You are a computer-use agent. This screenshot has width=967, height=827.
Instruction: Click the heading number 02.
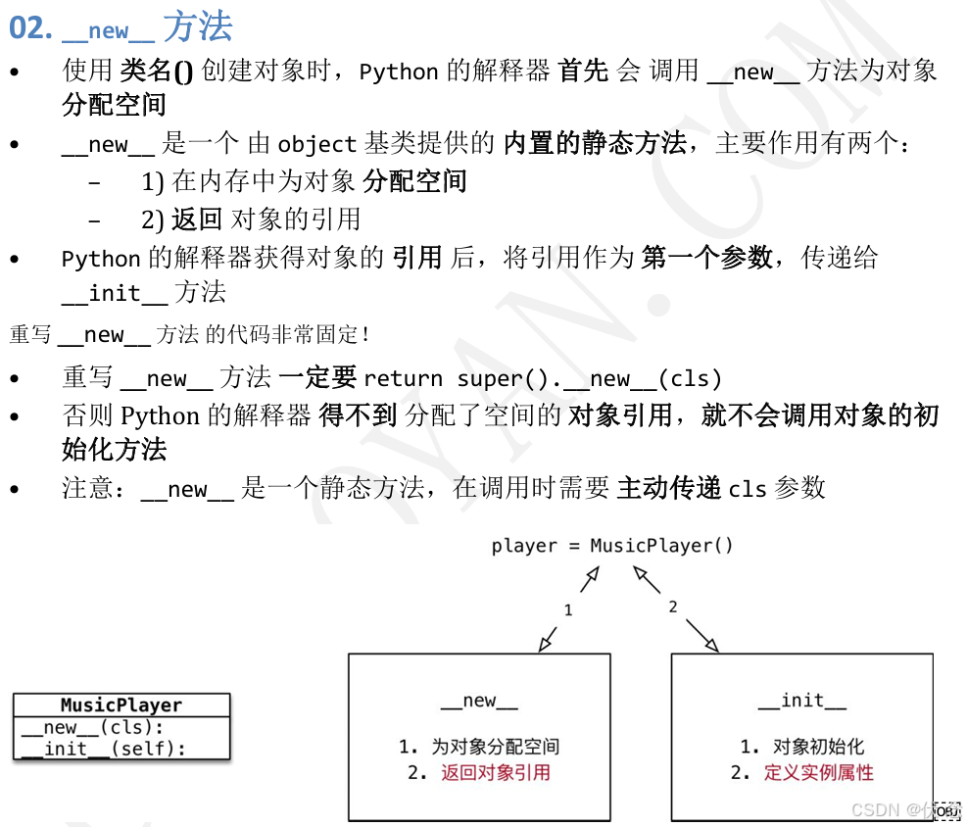pyautogui.click(x=29, y=28)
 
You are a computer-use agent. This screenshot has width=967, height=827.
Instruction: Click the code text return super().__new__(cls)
pyautogui.click(x=542, y=379)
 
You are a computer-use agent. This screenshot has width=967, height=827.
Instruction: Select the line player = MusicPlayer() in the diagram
pyautogui.click(x=612, y=546)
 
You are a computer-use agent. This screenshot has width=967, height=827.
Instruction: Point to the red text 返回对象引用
pyautogui.click(x=495, y=772)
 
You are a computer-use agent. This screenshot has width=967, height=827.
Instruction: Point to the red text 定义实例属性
pyautogui.click(x=818, y=772)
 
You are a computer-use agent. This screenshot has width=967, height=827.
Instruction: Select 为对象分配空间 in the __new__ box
pyautogui.click(x=495, y=747)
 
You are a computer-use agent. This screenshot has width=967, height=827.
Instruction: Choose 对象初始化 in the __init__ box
pyautogui.click(x=818, y=747)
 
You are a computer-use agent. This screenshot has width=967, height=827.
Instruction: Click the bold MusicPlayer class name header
pyautogui.click(x=121, y=705)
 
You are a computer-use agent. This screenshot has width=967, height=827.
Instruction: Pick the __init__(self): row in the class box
pyautogui.click(x=103, y=750)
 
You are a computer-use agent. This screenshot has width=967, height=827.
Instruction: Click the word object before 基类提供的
pyautogui.click(x=316, y=145)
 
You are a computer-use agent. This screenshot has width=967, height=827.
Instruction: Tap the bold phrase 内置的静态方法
pyautogui.click(x=595, y=144)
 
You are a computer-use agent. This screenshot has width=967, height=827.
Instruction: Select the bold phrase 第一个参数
pyautogui.click(x=705, y=258)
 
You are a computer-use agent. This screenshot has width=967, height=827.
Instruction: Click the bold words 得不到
pyautogui.click(x=358, y=415)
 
